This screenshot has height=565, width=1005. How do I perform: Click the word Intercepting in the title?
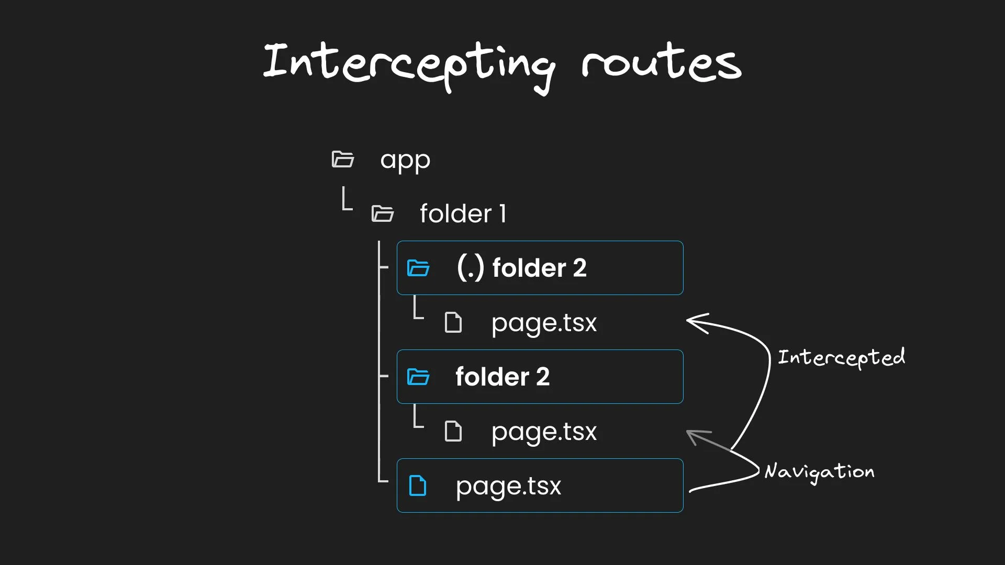point(409,67)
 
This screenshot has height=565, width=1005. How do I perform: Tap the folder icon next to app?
point(343,159)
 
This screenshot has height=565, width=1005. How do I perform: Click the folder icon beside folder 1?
point(383,213)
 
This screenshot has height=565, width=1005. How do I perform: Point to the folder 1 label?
point(463,213)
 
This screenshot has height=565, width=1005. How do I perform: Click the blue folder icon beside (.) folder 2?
point(418,268)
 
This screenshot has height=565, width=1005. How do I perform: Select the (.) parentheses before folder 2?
point(470,268)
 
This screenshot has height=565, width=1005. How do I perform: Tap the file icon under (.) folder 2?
point(453,322)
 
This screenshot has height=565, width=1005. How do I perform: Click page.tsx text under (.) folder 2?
point(544,323)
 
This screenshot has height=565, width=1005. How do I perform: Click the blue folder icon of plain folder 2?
point(418,377)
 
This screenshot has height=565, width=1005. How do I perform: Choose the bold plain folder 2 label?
point(502,377)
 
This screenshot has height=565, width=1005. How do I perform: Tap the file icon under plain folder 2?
point(453,431)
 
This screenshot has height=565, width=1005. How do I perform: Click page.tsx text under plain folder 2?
point(544,432)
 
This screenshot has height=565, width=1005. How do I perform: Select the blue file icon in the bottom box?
point(418,485)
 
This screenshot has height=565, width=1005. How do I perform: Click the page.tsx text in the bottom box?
point(508,487)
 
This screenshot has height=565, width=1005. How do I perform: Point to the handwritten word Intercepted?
point(841,358)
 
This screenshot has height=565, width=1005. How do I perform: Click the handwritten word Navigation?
point(819,472)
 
